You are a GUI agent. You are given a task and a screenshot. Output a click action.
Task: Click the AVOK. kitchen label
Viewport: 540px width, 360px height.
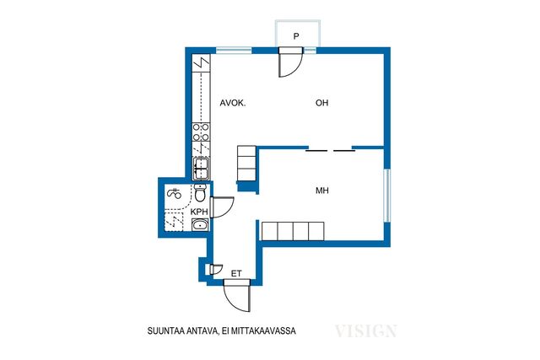(233, 103)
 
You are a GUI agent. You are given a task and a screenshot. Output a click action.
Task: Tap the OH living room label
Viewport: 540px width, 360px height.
(322, 103)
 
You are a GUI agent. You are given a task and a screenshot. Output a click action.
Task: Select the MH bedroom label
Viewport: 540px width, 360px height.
(322, 191)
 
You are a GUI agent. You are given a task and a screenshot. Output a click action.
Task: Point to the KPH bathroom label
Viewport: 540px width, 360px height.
(199, 212)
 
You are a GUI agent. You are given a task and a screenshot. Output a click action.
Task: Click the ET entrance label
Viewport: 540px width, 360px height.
(236, 274)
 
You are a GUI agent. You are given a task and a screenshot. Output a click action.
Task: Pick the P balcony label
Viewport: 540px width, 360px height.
(296, 35)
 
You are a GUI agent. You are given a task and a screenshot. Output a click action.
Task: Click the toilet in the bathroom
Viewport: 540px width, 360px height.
(200, 193)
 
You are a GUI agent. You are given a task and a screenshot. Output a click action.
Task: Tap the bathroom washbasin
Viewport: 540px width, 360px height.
(200, 225)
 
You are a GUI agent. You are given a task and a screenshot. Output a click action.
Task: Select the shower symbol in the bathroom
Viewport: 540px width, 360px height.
(174, 193)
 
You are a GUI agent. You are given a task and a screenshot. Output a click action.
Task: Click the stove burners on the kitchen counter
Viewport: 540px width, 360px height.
(201, 132)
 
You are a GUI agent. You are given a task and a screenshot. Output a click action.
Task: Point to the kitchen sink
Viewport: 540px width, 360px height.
(201, 169)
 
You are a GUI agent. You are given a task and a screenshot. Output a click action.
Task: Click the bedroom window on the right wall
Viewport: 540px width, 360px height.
(387, 196)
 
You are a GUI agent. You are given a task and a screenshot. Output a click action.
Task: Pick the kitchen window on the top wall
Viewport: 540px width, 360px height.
(234, 51)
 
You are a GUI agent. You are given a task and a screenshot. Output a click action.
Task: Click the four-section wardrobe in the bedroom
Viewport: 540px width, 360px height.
(293, 231)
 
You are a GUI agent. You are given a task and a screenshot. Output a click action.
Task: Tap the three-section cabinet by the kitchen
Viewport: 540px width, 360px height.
(246, 163)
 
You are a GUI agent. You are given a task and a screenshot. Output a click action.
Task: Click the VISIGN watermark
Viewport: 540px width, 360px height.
(365, 330)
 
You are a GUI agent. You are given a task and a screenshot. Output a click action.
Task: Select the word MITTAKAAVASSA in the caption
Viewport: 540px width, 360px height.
(263, 331)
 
